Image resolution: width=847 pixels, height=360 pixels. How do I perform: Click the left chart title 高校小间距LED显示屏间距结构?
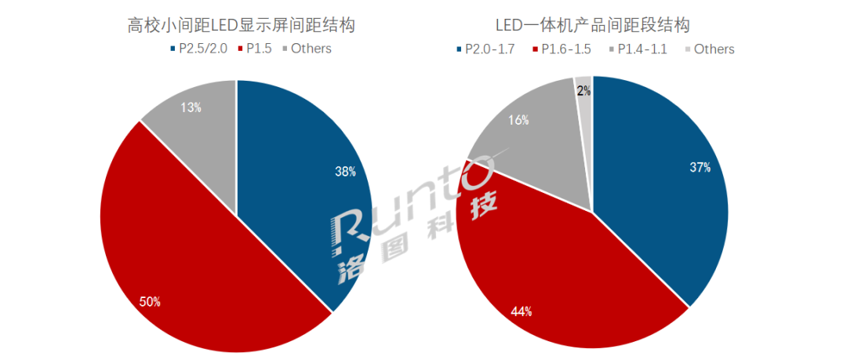tap(241, 24)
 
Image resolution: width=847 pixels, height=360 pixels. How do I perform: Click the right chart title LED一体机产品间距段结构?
tap(593, 24)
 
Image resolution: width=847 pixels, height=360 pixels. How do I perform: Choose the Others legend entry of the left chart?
tap(311, 49)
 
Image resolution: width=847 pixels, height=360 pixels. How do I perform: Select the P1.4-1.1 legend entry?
tap(642, 49)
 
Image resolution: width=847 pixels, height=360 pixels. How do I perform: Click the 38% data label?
tap(346, 170)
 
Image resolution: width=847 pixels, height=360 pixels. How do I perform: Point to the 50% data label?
tap(151, 301)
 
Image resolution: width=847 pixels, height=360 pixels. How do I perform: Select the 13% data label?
tap(190, 108)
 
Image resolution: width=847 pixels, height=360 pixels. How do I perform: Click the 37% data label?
tap(700, 167)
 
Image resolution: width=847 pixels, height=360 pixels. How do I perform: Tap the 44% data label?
tap(521, 311)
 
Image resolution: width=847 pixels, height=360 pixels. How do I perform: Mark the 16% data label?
tap(518, 120)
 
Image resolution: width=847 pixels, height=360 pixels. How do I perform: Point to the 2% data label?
tap(583, 91)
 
